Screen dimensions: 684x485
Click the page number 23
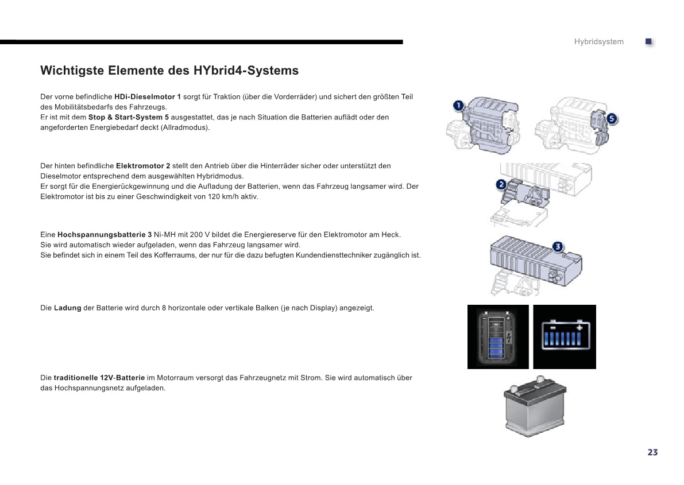(652, 452)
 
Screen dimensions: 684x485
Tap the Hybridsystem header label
(598, 42)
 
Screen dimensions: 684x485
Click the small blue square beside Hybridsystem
(648, 41)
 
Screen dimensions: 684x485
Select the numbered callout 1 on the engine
(458, 106)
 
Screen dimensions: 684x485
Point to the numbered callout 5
(612, 119)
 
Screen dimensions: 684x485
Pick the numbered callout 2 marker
(501, 184)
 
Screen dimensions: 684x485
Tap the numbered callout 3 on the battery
(558, 247)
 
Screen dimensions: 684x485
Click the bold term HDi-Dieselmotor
(144, 97)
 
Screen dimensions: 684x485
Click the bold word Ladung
(68, 308)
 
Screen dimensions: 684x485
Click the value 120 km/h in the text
(221, 197)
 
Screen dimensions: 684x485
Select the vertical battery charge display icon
(498, 337)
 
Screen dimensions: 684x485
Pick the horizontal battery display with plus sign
(565, 337)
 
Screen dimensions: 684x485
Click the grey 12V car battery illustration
(535, 406)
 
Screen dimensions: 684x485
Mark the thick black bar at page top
(202, 42)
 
